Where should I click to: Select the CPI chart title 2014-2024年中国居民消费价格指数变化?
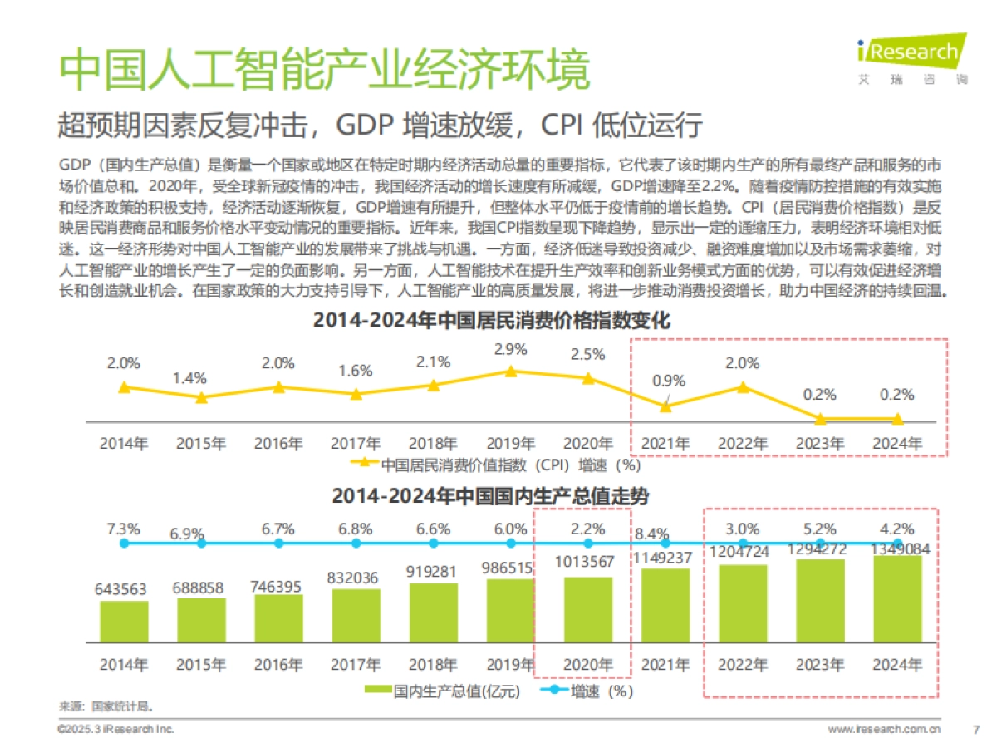[x=491, y=320]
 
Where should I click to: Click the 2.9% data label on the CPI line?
[x=510, y=350]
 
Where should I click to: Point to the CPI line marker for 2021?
[x=665, y=406]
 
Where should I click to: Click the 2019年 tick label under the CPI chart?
[x=510, y=444]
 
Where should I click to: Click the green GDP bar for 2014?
[x=124, y=621]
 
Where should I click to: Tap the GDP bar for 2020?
[x=587, y=609]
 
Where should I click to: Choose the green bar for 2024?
[x=897, y=598]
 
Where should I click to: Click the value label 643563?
[x=124, y=589]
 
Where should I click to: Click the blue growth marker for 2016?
[x=278, y=543]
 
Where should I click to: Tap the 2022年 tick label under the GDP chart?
[x=742, y=665]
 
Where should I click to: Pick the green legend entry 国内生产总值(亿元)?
[x=442, y=691]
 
